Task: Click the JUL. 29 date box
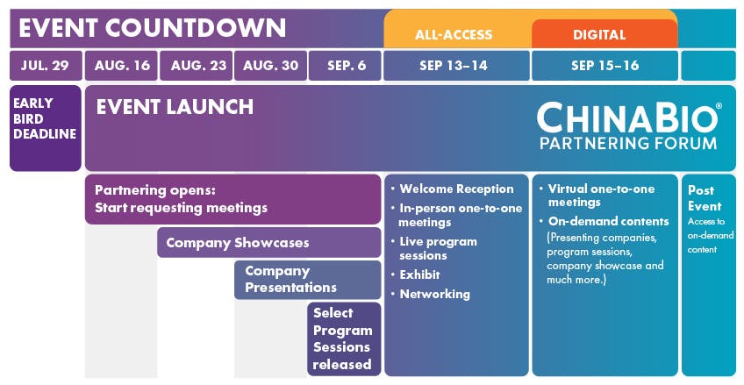pos(46,66)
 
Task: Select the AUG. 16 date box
pos(121,66)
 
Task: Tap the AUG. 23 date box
pos(196,66)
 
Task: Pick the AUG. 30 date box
pos(270,66)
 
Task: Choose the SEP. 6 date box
pos(345,66)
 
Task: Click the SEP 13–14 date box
pos(456,66)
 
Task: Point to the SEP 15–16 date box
pos(605,66)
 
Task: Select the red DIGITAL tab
pos(600,34)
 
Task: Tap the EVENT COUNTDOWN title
pos(153,28)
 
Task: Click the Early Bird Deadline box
pos(46,128)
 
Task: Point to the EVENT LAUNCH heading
pos(175,107)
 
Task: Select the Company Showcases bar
pos(269,243)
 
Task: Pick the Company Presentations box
pos(307,280)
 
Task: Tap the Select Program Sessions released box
pos(344,339)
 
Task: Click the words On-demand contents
pos(609,221)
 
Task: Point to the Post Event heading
pos(705,198)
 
